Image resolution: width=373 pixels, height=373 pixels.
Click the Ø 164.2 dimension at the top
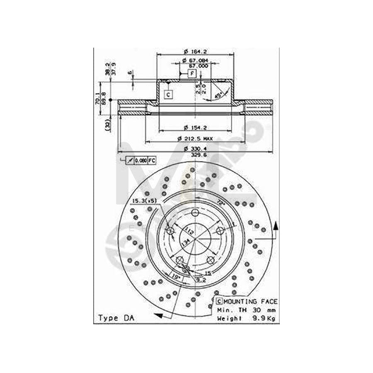click(x=195, y=51)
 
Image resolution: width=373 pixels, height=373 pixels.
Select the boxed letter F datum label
click(x=192, y=74)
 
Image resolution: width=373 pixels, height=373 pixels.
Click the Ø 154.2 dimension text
click(x=195, y=127)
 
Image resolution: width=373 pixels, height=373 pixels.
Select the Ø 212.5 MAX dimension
click(x=195, y=138)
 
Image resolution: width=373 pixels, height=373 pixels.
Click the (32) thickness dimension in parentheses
click(x=107, y=124)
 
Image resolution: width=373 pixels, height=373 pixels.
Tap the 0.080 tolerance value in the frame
click(x=143, y=160)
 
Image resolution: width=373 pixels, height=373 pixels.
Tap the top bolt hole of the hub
click(x=195, y=213)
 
